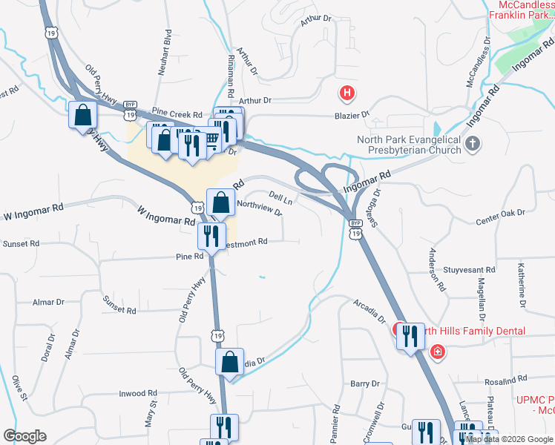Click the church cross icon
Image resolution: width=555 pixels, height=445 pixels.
point(472,143)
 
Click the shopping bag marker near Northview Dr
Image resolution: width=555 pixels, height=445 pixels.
point(221,202)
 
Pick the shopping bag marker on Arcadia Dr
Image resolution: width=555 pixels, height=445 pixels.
point(230,363)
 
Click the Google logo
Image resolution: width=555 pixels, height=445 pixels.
point(24,436)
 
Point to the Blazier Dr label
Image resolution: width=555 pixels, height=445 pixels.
point(355,115)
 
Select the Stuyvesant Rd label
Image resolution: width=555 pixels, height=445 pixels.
point(469,270)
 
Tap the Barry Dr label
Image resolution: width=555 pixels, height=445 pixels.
point(365,383)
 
